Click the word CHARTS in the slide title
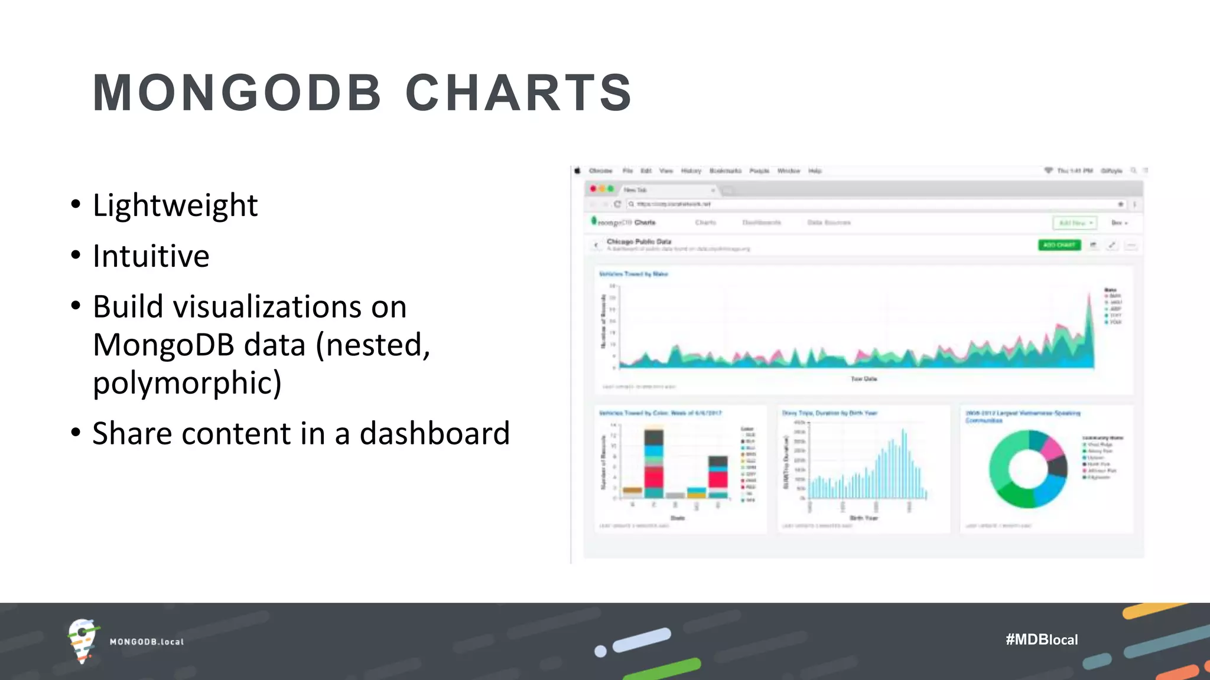pos(519,93)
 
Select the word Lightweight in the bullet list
pos(175,205)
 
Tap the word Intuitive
pos(151,256)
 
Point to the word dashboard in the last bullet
pos(434,434)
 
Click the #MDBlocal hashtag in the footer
pos(1041,640)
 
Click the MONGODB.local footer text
pos(147,642)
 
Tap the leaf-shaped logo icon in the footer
pos(82,640)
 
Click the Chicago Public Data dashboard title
pos(639,241)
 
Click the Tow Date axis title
pos(863,379)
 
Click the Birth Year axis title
pos(863,518)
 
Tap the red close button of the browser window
pos(593,189)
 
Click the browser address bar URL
pos(674,204)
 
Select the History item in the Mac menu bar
pos(691,171)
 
